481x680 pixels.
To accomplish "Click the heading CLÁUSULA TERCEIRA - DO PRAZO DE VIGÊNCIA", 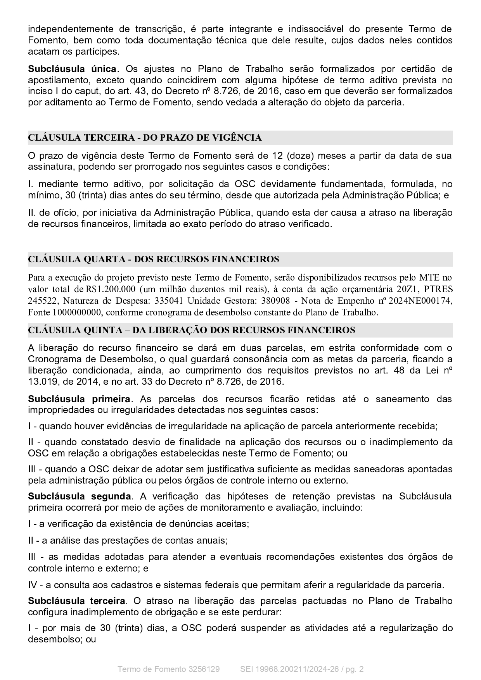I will coord(145,138).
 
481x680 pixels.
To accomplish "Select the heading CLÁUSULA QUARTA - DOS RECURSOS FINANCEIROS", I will coord(153,259).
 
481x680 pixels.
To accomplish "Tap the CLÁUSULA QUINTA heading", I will coord(191,330).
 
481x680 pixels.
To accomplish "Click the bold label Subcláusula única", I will coord(72,69).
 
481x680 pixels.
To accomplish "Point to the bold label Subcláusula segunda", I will coord(79,496).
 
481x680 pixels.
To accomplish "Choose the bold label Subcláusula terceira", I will coord(77,601).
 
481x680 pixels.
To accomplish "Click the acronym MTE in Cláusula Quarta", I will coord(430,277).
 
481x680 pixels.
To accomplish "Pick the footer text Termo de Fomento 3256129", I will coord(168,669).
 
